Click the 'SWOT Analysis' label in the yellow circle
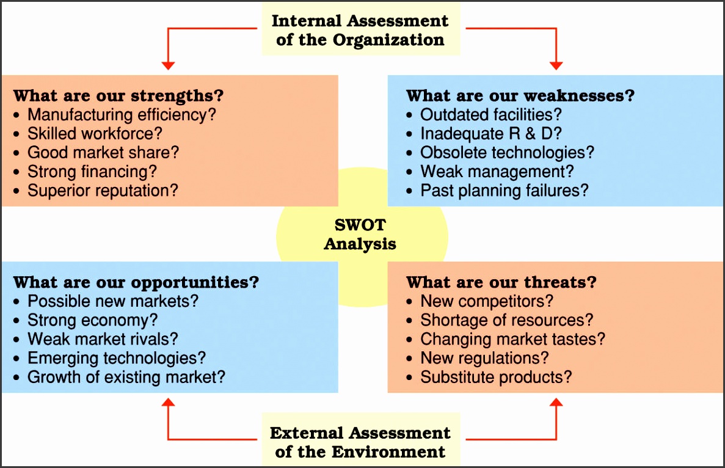360,235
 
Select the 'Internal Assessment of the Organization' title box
360,30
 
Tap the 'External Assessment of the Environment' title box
360,442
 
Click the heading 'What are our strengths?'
118,96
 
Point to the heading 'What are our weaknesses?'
520,96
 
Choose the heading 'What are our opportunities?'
136,282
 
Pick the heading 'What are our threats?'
501,282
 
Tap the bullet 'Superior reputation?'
103,190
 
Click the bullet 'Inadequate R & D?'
491,133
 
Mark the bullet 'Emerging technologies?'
117,357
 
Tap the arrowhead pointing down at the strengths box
169,65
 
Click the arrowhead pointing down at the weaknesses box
556,65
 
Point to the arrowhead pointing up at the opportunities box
169,403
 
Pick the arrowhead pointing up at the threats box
556,403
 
